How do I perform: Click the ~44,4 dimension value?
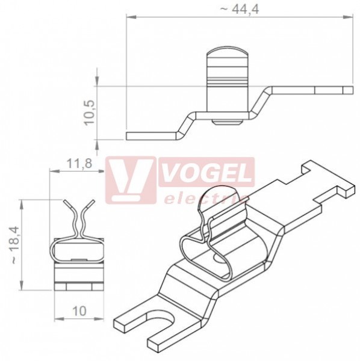click(x=240, y=10)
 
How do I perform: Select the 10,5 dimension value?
click(x=90, y=113)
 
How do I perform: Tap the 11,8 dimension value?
click(x=79, y=164)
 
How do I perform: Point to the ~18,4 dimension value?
click(x=14, y=245)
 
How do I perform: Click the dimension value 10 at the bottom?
click(x=79, y=311)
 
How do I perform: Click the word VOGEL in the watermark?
click(x=206, y=173)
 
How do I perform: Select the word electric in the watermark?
click(x=203, y=199)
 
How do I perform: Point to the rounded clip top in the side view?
click(x=228, y=52)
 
